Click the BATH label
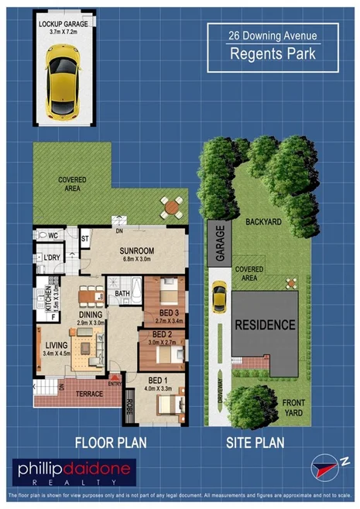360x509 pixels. tap(122, 294)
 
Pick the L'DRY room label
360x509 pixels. tap(52, 258)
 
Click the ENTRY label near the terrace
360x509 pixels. tap(115, 384)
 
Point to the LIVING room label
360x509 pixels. tap(55, 347)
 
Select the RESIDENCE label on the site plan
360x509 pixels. tap(265, 324)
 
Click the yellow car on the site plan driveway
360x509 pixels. tap(220, 295)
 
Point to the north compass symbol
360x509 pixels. tap(324, 467)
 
